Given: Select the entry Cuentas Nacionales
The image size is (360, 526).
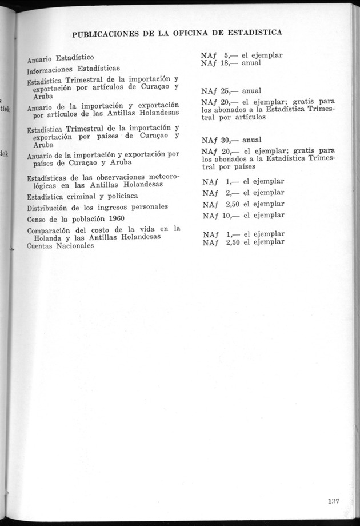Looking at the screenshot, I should coord(60,246).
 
